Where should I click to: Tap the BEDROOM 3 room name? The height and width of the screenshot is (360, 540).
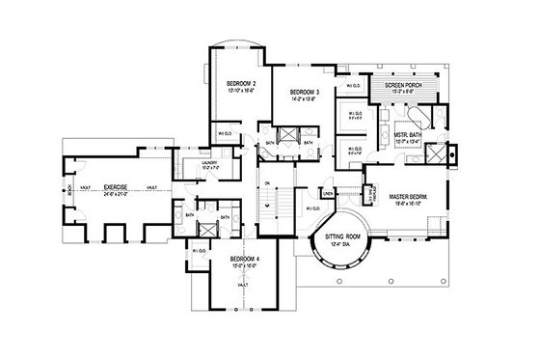tap(306, 92)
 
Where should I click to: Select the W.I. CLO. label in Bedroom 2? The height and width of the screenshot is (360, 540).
tap(224, 132)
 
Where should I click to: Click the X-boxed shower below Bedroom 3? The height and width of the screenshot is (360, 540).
tap(286, 136)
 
